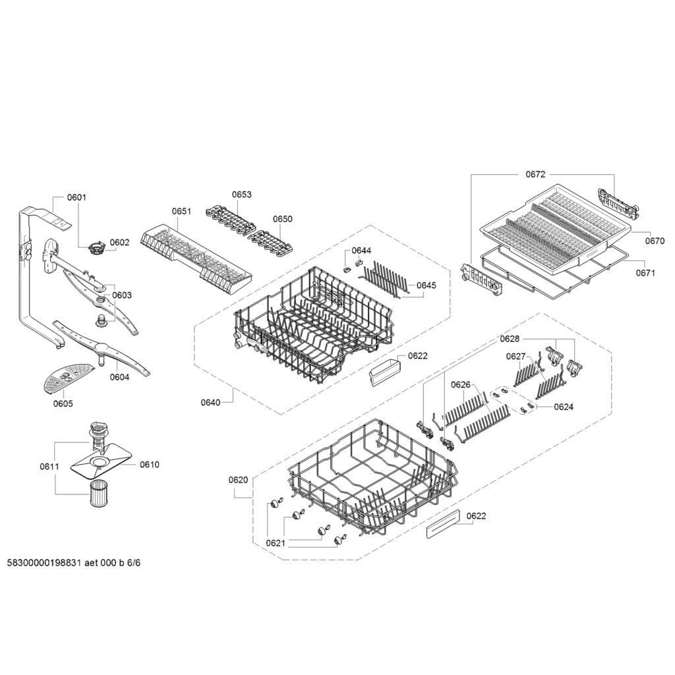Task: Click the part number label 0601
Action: coord(76,198)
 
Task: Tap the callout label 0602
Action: coord(119,243)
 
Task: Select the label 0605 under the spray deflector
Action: coord(63,403)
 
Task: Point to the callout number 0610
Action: coord(150,465)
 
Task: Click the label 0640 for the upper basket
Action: coord(210,403)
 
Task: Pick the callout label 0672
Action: coord(535,174)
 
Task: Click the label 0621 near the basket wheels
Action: coord(276,543)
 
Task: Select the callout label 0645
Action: coord(426,285)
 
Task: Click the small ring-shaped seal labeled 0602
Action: coord(96,249)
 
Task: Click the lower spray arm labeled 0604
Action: coord(102,348)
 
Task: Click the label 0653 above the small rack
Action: coord(241,194)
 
